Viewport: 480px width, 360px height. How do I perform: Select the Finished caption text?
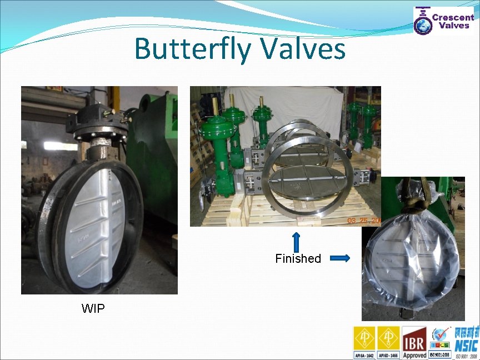(x=298, y=258)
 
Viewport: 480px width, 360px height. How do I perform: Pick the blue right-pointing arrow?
(x=339, y=258)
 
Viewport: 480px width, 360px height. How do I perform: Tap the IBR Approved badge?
(x=414, y=342)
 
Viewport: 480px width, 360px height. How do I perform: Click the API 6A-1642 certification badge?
(x=365, y=342)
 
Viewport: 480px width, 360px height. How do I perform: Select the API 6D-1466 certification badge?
(x=389, y=342)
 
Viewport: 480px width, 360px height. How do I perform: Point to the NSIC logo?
(x=466, y=342)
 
